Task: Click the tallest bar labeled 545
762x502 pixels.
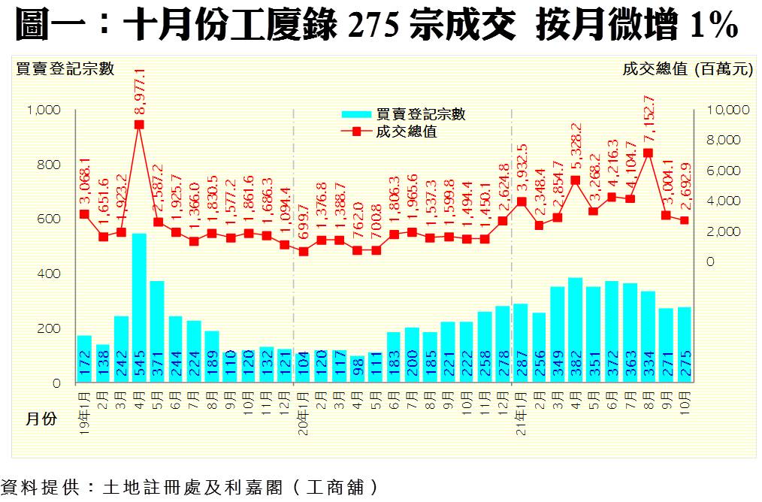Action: click(x=139, y=308)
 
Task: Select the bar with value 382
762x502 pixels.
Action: click(x=575, y=331)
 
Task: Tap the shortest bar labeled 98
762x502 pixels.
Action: click(x=358, y=369)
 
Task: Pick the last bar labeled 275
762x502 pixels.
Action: click(x=684, y=345)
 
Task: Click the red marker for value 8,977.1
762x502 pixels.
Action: click(x=139, y=125)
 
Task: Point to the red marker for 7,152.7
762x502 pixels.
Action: click(x=648, y=153)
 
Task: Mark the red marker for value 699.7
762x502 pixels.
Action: click(x=304, y=251)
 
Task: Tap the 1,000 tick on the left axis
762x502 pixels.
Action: click(x=43, y=110)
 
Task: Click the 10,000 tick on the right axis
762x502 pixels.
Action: click(x=728, y=110)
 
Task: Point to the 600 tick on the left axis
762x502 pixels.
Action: click(x=49, y=219)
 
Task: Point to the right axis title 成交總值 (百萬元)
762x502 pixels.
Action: click(x=687, y=69)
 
